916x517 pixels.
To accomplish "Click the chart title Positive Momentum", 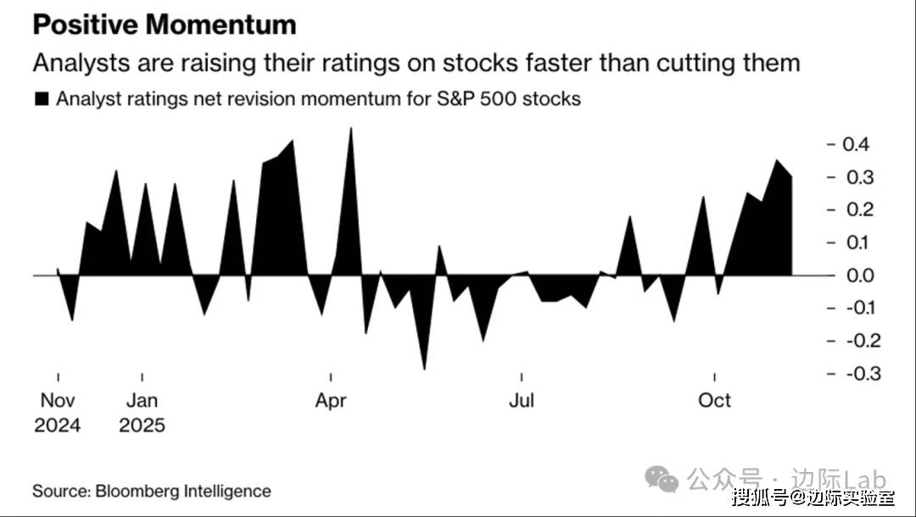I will click(165, 25).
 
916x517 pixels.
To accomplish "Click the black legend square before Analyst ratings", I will click(41, 99).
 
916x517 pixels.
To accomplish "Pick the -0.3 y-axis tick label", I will click(852, 374).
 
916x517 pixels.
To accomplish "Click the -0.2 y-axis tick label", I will click(852, 341).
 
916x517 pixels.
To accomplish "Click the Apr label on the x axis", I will click(331, 401).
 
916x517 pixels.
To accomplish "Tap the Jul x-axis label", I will click(522, 401).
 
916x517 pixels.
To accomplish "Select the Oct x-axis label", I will click(714, 401).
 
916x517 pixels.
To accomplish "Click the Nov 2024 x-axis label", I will click(58, 412).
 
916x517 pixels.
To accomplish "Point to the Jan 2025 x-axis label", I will click(142, 412).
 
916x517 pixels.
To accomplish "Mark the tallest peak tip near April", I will click(351, 128).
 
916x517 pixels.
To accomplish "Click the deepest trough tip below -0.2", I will click(424, 370).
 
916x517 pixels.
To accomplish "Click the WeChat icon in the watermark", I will click(662, 480).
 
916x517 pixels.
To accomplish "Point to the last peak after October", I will click(775, 159).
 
